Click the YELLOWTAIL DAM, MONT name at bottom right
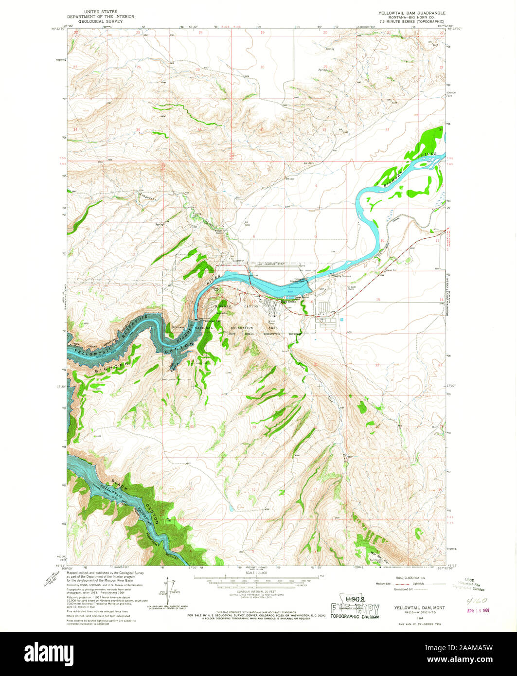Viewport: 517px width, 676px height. (412, 608)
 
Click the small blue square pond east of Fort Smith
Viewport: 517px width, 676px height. (342, 320)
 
